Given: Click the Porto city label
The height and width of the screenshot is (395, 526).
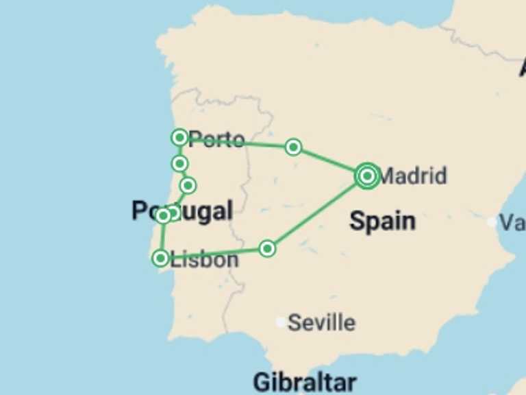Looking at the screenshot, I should click(x=216, y=140).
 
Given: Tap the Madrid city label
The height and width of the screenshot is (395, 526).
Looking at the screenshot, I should click(x=412, y=176).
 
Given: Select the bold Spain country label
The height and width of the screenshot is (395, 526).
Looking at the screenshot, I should click(x=382, y=221).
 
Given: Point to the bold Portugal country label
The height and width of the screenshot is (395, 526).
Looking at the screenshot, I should click(x=182, y=211).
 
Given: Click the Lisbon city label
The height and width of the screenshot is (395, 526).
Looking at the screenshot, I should click(x=205, y=259).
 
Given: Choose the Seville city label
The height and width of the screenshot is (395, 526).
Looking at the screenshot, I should click(x=321, y=322).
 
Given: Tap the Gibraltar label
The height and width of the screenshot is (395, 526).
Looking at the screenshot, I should click(x=304, y=382).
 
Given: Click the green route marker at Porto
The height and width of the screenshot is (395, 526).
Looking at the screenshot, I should click(x=179, y=138).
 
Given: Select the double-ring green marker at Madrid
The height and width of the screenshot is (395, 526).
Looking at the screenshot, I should click(x=367, y=176).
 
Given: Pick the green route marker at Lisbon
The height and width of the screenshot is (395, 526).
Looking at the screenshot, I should click(x=160, y=258).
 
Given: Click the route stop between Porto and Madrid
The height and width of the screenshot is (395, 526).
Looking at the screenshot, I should click(x=293, y=147).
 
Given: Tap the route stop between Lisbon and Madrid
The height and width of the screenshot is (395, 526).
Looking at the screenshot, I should click(x=268, y=248).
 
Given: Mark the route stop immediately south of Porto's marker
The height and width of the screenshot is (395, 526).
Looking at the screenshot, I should click(x=179, y=163).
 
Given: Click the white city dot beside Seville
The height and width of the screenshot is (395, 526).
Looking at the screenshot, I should click(x=281, y=322).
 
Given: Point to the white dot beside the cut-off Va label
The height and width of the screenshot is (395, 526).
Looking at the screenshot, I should click(x=492, y=222).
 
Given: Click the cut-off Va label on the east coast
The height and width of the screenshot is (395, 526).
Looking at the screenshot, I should click(x=512, y=222).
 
